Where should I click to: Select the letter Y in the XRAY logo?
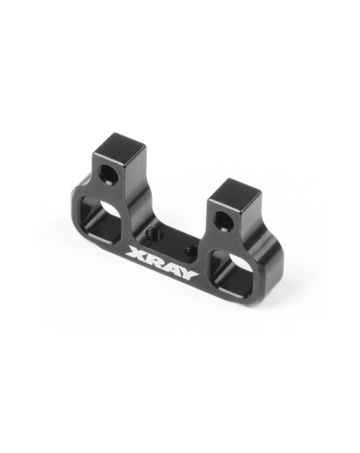(x=189, y=275)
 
